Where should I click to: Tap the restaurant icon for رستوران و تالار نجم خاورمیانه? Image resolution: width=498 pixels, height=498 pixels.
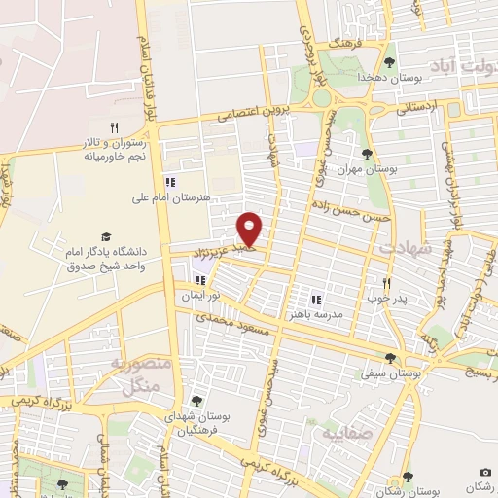click(x=114, y=127)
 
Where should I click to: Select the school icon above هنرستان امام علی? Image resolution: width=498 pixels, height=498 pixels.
click(x=171, y=181)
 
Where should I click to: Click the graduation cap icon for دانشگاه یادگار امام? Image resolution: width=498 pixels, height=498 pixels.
click(x=105, y=237)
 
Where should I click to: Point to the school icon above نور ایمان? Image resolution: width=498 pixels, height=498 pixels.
click(x=200, y=280)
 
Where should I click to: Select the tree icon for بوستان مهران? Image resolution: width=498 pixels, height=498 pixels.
click(x=367, y=154)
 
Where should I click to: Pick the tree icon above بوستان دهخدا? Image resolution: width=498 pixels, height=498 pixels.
click(x=389, y=60)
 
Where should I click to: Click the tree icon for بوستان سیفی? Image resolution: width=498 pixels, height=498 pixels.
click(x=390, y=358)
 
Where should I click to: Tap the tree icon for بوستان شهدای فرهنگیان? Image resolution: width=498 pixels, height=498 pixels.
click(x=196, y=401)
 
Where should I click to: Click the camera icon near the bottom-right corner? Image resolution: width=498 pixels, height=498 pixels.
click(x=486, y=472)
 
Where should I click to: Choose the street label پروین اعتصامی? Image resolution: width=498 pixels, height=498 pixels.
click(x=251, y=112)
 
